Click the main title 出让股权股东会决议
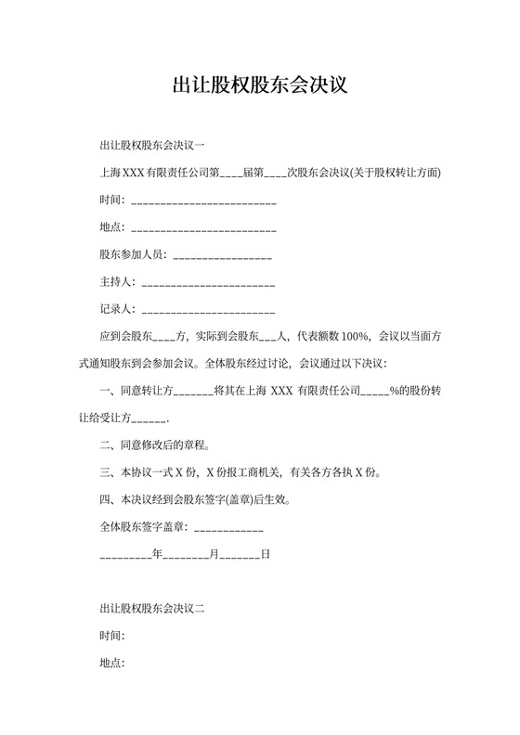coord(260,85)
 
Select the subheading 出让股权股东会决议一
coord(151,146)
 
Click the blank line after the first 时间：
coord(204,200)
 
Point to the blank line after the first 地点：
coord(204,227)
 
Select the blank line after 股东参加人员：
coord(222,254)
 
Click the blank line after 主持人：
coord(208,281)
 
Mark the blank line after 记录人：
coord(208,308)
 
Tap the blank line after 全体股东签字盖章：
coord(229,528)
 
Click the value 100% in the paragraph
coord(357,336)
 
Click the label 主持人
coord(116,281)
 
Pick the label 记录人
coord(116,308)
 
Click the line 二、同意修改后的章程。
coord(154,445)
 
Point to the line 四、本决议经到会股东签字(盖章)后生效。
coord(194,500)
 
